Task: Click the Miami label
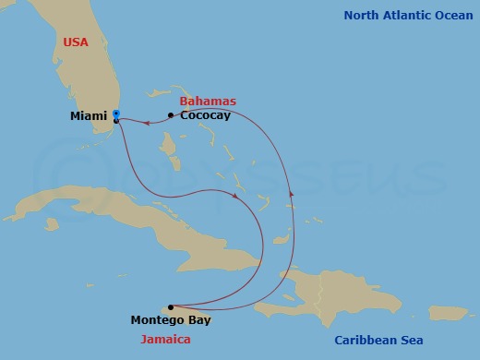(89, 116)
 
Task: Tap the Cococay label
(205, 116)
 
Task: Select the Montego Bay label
(171, 320)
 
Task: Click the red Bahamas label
(208, 102)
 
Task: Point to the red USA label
(77, 43)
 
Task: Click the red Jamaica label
(166, 340)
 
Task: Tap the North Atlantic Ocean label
(408, 16)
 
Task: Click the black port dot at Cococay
(171, 115)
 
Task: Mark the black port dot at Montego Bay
(171, 306)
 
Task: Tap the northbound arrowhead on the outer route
(292, 193)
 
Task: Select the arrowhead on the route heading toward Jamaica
(238, 196)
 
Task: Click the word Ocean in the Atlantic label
(451, 16)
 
